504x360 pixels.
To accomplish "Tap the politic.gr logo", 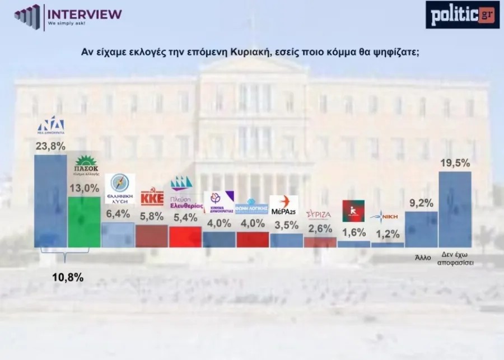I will (461, 15).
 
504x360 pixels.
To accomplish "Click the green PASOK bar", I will (84, 222).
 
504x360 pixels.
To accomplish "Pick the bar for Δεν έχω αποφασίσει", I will (454, 209).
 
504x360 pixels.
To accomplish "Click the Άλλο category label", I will (422, 258).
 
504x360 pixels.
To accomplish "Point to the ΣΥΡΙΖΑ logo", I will (319, 214).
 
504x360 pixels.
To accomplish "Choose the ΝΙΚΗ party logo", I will (387, 216).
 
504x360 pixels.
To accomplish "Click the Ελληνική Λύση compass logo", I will (120, 189).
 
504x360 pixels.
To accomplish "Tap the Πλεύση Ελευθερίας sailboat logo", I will (185, 191).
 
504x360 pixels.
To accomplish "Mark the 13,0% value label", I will (84, 189).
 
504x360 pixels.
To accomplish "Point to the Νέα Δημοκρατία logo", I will (50, 127).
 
